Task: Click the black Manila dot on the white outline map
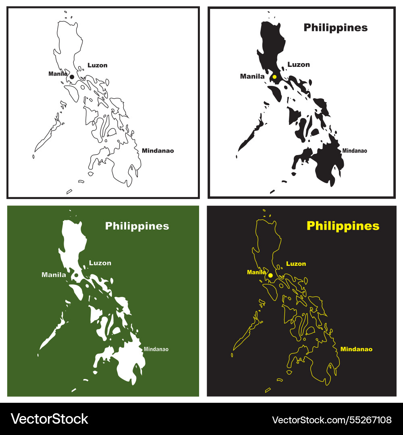(x=72, y=77)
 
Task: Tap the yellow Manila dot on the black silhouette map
(x=274, y=77)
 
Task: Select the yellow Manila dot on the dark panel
(x=270, y=275)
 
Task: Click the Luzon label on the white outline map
(x=98, y=65)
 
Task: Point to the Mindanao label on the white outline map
(x=158, y=151)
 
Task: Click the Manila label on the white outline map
(x=58, y=74)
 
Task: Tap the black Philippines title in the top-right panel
(x=335, y=27)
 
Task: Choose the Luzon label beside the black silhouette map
(x=299, y=64)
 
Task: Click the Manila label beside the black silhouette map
(x=252, y=76)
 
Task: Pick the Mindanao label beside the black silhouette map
(x=355, y=151)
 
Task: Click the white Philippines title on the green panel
(x=137, y=226)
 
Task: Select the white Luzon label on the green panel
(x=100, y=263)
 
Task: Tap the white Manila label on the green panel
(x=54, y=275)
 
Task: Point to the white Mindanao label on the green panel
(x=156, y=349)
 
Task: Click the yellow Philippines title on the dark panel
(x=343, y=226)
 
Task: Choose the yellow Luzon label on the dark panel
(x=296, y=264)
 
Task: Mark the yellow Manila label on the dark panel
(x=256, y=272)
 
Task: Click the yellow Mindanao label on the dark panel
(x=356, y=349)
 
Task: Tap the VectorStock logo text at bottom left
(x=49, y=419)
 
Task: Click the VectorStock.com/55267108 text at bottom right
(x=332, y=420)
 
